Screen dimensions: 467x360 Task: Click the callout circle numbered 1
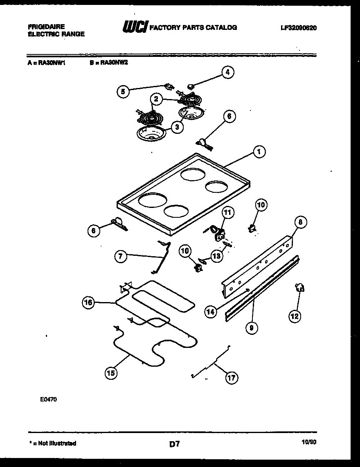(259, 152)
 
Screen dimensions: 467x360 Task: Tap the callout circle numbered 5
(122, 92)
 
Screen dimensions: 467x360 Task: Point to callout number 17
(232, 378)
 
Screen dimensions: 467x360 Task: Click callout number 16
(88, 303)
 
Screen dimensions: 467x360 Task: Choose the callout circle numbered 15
(111, 372)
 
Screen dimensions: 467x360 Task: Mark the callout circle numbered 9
(252, 327)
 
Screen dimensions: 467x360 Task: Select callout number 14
(210, 312)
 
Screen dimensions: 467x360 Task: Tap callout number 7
(120, 257)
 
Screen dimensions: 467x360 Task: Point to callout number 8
(300, 222)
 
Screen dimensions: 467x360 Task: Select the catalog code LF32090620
(299, 28)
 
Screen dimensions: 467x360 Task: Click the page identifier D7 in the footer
(175, 443)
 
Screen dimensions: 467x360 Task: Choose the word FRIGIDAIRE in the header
(46, 27)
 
